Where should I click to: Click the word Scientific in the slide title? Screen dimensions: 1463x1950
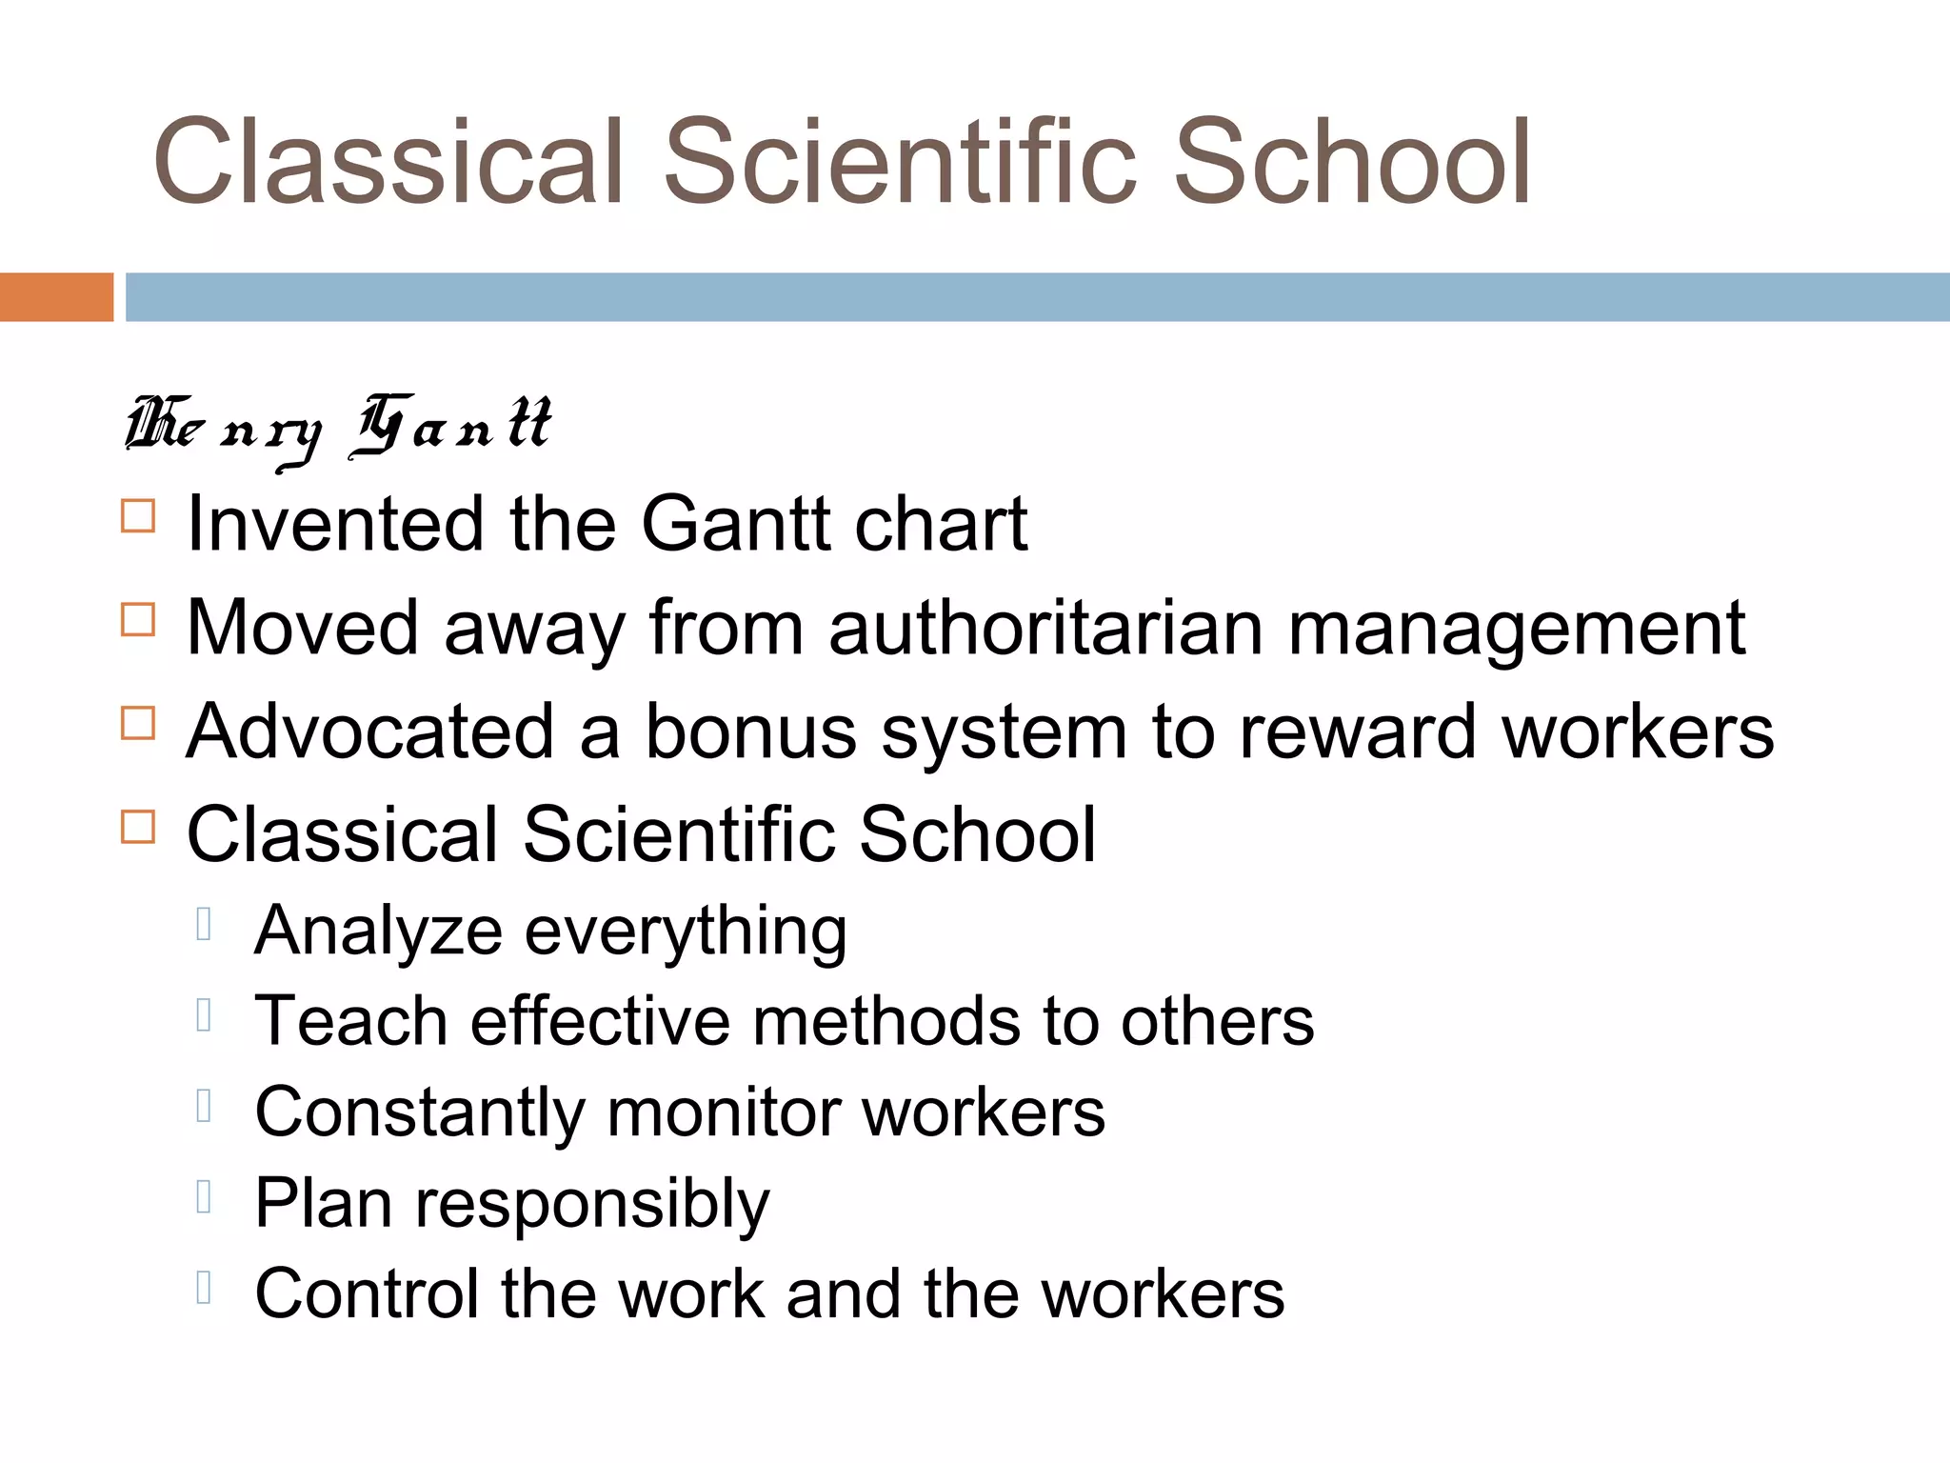(x=900, y=162)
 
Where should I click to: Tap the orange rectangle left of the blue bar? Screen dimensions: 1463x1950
(x=56, y=297)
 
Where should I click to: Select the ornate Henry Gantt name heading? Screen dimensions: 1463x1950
(x=338, y=429)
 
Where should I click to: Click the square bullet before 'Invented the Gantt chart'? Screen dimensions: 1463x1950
(x=138, y=516)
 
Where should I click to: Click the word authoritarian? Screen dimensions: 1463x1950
(x=1045, y=628)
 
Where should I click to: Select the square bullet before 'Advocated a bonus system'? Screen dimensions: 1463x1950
(x=138, y=724)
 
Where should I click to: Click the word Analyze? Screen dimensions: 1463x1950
(x=378, y=932)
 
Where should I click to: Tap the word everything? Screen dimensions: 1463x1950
(x=686, y=932)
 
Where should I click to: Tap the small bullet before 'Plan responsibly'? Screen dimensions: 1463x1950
(x=203, y=1196)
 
